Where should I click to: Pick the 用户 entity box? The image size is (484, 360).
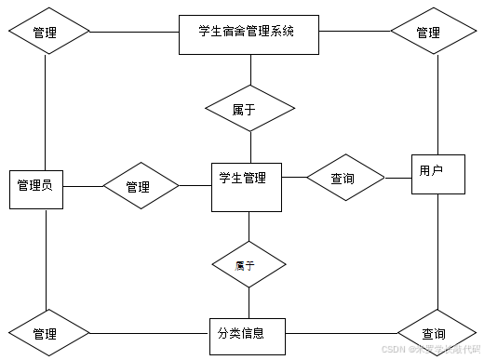coord(437,172)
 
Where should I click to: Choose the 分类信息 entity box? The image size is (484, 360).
coord(246,333)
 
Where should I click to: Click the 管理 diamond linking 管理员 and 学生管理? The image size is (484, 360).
coord(140,187)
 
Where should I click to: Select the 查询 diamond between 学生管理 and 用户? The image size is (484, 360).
coord(344,178)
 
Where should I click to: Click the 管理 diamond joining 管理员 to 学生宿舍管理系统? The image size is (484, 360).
coord(47,32)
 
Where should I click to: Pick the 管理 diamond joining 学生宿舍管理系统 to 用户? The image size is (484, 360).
coord(428,32)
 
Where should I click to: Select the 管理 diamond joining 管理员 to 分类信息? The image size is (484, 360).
coord(47,332)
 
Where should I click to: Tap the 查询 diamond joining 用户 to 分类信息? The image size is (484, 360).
coord(435,333)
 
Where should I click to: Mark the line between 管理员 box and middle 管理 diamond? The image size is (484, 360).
coord(82,187)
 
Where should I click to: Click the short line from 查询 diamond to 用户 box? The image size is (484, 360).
coord(397,177)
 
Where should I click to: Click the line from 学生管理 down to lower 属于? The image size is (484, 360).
coord(249,226)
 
